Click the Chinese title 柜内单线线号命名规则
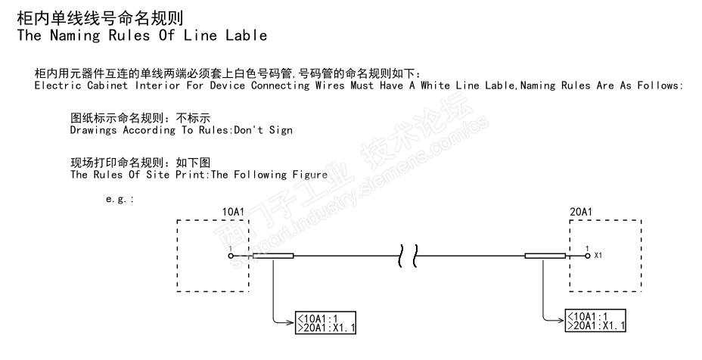(99, 15)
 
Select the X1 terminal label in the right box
(598, 256)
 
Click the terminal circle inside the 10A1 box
(231, 256)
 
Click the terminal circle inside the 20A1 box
(587, 256)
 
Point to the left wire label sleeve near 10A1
(272, 256)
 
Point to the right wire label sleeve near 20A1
(544, 256)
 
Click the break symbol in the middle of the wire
(408, 256)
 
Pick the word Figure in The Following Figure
(308, 175)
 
